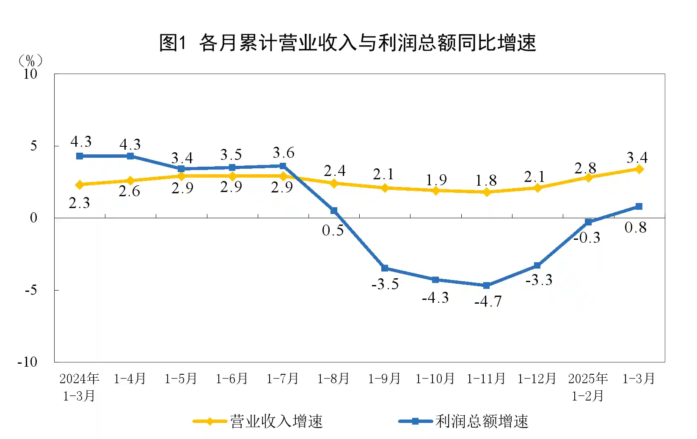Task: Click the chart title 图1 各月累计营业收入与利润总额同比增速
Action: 348,43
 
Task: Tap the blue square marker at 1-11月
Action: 486,285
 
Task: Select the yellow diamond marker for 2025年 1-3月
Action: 639,169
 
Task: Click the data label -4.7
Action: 488,302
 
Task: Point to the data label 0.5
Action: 333,230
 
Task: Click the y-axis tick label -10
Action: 28,362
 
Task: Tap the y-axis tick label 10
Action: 30,74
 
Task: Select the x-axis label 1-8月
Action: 333,379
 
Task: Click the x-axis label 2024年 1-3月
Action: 79,387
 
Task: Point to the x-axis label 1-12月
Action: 537,379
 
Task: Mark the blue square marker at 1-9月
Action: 385,268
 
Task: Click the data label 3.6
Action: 283,153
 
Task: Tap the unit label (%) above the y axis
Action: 30,61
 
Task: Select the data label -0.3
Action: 587,238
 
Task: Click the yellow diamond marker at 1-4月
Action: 130,181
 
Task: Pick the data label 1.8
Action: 485,181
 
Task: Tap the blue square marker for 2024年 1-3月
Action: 80,156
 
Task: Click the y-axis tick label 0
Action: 33,218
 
